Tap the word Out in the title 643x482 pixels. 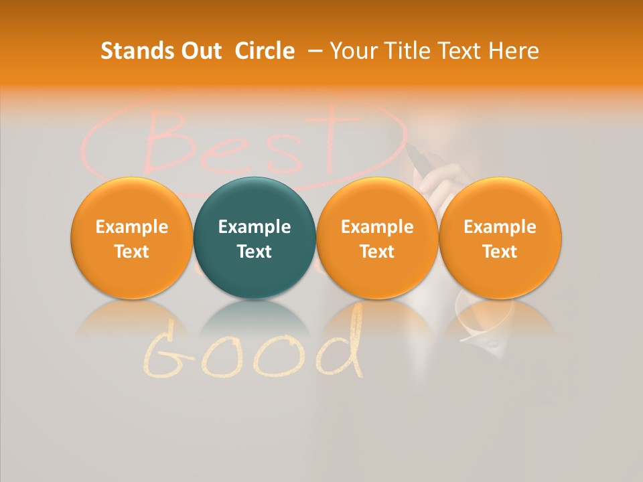(x=200, y=51)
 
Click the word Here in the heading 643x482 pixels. (x=514, y=51)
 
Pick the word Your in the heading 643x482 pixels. (x=352, y=51)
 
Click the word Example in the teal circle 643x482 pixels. (x=255, y=227)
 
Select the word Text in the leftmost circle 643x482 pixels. (x=131, y=252)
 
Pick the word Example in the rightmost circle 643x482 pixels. (x=500, y=227)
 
